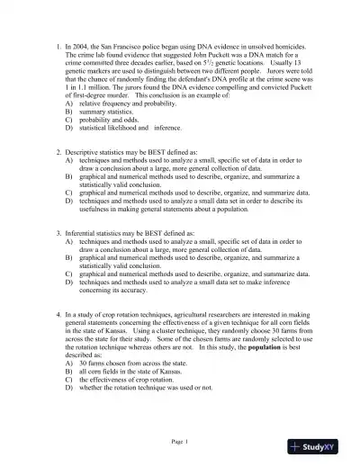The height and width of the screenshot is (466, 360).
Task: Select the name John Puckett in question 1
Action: tap(195, 53)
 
